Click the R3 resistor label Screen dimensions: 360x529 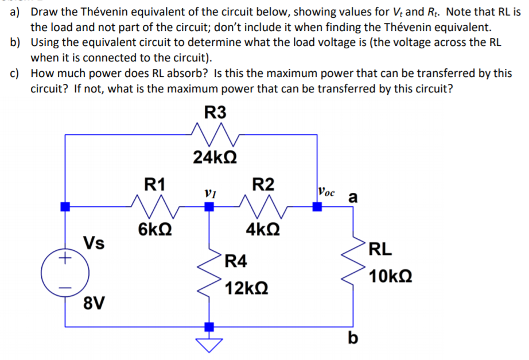215,113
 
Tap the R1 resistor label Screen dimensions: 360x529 154,184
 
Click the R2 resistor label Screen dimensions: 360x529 263,184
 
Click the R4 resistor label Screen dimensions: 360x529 236,261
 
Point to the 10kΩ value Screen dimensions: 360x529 390,277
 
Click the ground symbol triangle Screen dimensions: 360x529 209,343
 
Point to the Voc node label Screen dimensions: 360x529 328,191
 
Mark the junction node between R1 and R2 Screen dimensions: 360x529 209,207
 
